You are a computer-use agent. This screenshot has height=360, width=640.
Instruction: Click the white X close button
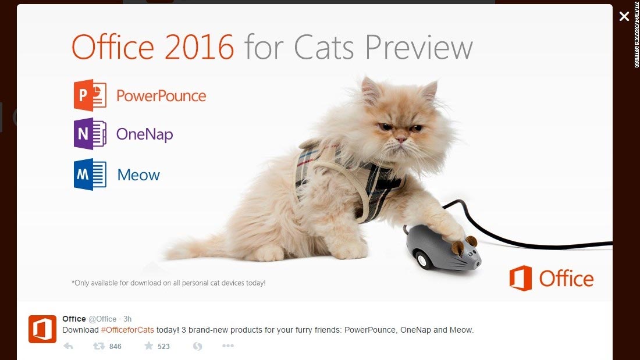[x=624, y=16]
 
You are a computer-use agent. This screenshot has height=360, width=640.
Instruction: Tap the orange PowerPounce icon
[x=90, y=95]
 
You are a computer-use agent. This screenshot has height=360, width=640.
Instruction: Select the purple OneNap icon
[x=90, y=133]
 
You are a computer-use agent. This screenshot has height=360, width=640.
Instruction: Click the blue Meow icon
[x=90, y=174]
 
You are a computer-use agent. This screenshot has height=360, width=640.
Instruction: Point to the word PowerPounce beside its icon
[x=161, y=96]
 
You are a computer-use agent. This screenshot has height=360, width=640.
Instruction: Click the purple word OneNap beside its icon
[x=144, y=134]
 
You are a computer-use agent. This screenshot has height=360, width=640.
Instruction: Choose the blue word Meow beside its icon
[x=138, y=175]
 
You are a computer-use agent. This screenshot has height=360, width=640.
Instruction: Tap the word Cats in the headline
[x=323, y=47]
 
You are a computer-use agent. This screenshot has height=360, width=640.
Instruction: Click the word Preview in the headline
[x=419, y=47]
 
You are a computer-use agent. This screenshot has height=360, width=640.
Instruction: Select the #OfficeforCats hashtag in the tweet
[x=127, y=330]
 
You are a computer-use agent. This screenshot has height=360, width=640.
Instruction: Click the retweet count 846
[x=115, y=347]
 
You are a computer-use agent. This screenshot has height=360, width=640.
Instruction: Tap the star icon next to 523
[x=148, y=346]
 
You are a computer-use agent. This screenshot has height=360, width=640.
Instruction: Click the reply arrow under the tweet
[x=68, y=346]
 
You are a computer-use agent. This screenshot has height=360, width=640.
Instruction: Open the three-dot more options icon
[x=227, y=345]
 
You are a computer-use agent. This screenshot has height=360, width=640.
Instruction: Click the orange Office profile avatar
[x=42, y=329]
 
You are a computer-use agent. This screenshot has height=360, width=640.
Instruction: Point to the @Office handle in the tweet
[x=102, y=319]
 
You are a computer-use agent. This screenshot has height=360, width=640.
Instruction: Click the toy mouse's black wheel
[x=422, y=260]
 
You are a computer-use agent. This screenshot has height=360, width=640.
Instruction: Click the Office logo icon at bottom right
[x=520, y=278]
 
